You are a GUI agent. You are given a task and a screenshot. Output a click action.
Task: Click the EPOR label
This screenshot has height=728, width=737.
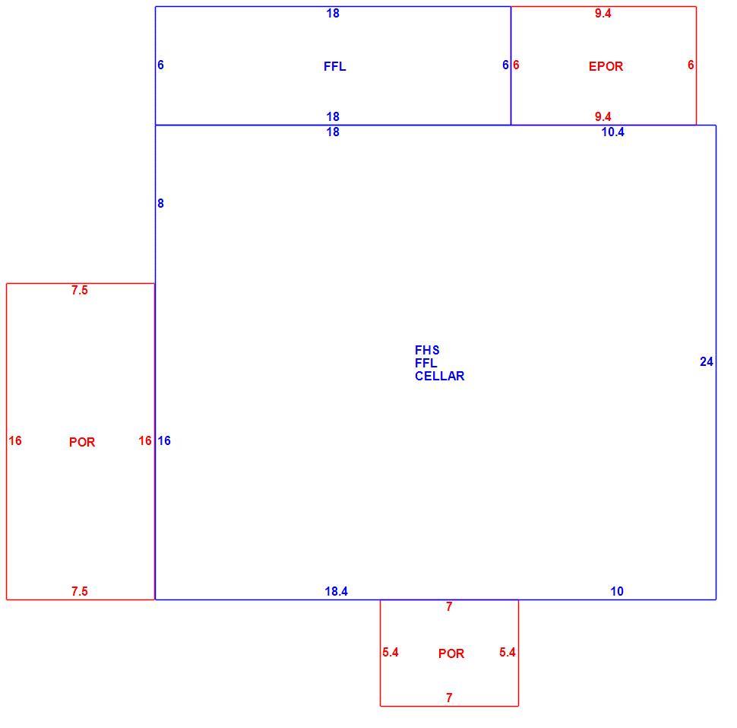(606, 66)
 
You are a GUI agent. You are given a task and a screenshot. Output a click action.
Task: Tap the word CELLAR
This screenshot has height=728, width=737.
(439, 376)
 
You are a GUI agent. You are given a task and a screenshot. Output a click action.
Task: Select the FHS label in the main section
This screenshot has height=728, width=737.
(427, 350)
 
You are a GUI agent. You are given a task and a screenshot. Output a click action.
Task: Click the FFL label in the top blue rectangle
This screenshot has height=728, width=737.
(334, 66)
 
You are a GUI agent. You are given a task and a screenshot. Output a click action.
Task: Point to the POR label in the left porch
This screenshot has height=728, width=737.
(82, 442)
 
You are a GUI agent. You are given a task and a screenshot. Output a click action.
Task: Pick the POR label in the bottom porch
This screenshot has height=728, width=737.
(451, 653)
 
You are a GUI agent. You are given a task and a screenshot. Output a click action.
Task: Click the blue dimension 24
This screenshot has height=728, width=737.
(707, 361)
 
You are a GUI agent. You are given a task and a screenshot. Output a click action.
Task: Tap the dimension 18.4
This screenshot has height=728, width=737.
(336, 591)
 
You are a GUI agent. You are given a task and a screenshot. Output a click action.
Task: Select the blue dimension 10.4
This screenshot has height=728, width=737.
(613, 132)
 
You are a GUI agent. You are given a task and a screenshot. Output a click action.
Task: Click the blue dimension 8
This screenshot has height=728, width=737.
(161, 203)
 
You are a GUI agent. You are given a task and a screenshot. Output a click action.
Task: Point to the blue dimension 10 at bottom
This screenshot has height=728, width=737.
(617, 591)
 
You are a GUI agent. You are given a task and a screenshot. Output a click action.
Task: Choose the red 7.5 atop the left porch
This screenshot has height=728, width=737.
(80, 290)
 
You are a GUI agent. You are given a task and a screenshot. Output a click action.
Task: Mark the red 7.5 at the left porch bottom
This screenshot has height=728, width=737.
(80, 591)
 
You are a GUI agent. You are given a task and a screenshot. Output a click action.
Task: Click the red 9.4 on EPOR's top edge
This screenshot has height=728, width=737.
(603, 13)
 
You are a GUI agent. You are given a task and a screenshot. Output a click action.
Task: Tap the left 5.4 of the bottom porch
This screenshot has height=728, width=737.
(390, 652)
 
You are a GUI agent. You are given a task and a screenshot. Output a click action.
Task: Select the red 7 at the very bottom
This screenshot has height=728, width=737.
(449, 698)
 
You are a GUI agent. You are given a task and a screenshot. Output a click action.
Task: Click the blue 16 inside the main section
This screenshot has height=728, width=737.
(164, 440)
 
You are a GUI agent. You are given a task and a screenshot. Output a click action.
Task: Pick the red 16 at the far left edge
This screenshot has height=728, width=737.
(15, 440)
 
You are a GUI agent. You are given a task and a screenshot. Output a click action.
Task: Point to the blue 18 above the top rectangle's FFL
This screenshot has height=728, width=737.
(333, 13)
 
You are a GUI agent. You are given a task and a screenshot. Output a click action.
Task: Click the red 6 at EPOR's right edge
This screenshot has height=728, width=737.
(691, 65)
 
